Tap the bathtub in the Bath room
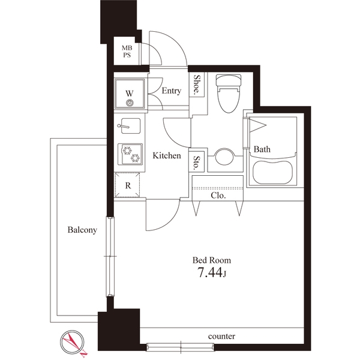(x=272, y=172)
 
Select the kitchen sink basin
(x=130, y=126)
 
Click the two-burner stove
(x=130, y=154)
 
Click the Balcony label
(x=82, y=230)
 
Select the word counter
(x=221, y=337)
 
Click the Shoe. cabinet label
(x=197, y=85)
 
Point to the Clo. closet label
(x=218, y=196)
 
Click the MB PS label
(x=127, y=52)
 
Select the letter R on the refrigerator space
(x=128, y=185)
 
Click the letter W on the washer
(x=130, y=94)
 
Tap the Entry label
(x=171, y=91)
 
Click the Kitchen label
(x=167, y=155)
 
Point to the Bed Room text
(x=211, y=260)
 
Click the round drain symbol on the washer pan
(x=130, y=103)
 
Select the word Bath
(x=262, y=149)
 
